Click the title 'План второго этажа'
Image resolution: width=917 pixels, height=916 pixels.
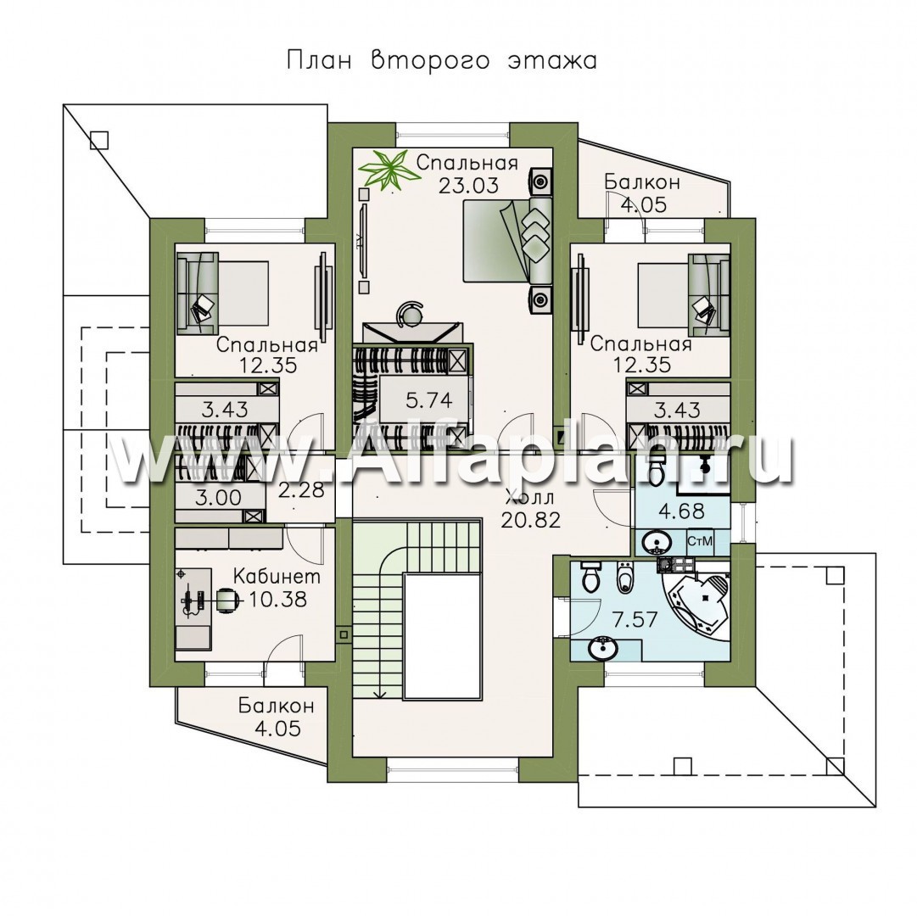coord(442,61)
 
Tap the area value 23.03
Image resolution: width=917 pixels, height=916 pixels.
coord(468,185)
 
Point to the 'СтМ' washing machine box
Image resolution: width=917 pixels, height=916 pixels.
coord(700,542)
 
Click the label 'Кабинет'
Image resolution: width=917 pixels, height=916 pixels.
coord(277,577)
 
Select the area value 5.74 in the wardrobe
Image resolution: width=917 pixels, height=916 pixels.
coord(428,400)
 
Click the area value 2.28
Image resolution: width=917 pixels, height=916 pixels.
coord(301,489)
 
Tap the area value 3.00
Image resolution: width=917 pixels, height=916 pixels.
coord(218,498)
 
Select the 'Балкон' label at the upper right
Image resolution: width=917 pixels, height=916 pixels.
coord(642,182)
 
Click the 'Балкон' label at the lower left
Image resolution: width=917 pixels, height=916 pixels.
coord(277,706)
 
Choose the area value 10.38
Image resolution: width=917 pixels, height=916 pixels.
coord(277,599)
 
